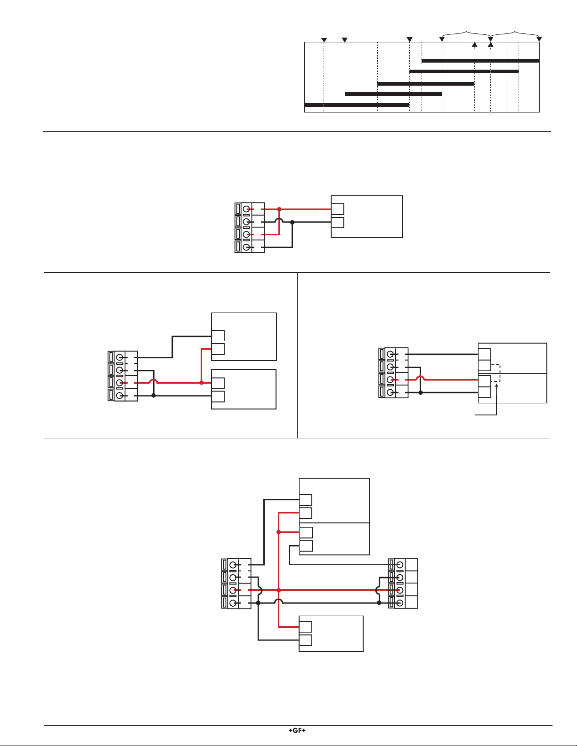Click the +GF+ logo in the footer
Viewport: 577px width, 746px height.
point(297,730)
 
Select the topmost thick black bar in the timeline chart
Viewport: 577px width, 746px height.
point(480,61)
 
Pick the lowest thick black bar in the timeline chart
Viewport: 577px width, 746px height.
point(357,104)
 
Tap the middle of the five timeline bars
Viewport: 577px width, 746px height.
point(426,83)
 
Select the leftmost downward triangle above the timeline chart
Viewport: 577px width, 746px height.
point(324,40)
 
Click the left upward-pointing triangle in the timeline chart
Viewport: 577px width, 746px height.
point(474,45)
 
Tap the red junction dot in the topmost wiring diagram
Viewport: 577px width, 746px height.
point(279,209)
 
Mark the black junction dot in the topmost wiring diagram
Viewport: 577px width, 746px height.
point(293,222)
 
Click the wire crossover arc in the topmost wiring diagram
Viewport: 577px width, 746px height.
point(279,219)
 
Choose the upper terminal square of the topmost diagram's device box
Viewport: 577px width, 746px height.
point(338,209)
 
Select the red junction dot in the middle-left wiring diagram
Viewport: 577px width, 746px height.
point(202,383)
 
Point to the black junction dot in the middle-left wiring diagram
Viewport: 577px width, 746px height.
point(154,395)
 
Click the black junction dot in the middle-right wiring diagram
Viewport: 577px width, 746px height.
point(420,393)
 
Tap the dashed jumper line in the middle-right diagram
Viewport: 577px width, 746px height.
point(500,373)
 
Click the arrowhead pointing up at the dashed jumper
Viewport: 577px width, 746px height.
point(496,386)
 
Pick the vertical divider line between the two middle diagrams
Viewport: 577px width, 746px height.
point(297,355)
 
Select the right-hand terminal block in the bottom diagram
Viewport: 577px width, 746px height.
point(403,583)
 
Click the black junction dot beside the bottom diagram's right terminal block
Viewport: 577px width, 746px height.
point(379,603)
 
